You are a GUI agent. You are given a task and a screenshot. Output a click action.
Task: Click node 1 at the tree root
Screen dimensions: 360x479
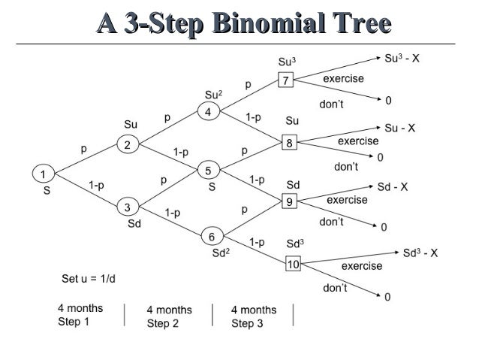click(43, 174)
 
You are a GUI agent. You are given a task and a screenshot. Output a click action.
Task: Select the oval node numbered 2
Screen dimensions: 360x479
click(127, 146)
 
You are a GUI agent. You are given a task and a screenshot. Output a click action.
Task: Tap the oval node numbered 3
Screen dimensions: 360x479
click(127, 206)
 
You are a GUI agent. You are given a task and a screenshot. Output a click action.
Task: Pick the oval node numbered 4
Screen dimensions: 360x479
click(209, 113)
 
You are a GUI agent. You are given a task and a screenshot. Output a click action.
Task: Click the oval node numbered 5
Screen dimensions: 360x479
click(209, 171)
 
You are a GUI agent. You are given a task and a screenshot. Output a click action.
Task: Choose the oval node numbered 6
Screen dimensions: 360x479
click(212, 236)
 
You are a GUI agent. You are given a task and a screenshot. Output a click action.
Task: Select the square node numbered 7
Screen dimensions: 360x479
click(285, 80)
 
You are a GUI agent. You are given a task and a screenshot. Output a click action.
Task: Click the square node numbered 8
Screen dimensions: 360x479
click(288, 142)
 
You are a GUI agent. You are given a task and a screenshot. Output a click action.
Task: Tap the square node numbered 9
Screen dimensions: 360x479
click(289, 201)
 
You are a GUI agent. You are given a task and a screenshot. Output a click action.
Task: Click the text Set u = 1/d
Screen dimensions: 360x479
click(89, 280)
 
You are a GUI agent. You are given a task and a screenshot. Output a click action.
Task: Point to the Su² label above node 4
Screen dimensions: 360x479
click(213, 95)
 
